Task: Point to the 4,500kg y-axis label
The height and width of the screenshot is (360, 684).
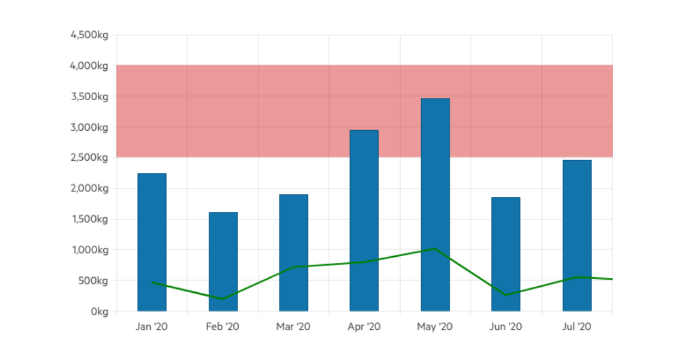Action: tap(89, 35)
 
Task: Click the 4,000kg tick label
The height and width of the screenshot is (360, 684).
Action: tap(89, 65)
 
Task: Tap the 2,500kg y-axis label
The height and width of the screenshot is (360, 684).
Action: tap(89, 158)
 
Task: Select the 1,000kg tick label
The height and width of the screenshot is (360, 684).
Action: tap(89, 250)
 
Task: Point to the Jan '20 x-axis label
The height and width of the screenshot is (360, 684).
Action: tap(152, 327)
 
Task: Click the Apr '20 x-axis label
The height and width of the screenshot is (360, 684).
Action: tap(364, 327)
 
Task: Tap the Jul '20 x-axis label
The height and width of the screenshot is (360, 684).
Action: tap(577, 327)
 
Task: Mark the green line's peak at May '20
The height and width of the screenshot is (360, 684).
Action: tap(435, 248)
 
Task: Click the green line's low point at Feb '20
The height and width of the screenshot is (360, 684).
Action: tap(223, 299)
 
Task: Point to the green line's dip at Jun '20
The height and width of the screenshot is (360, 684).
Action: tap(506, 295)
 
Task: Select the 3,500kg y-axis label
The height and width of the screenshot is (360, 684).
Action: tap(89, 96)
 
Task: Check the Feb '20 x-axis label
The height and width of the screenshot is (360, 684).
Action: tap(223, 327)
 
